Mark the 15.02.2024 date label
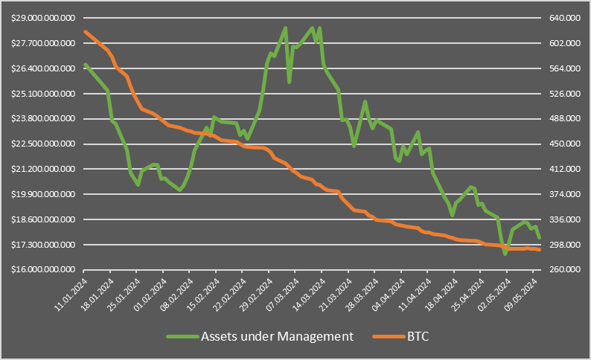[x=205, y=296]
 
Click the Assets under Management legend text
[x=277, y=336]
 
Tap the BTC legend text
[x=418, y=336]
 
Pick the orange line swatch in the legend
[x=388, y=336]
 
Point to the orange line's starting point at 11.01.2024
[x=86, y=31]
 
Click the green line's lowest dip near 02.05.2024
[x=505, y=254]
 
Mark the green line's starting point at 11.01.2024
[x=86, y=65]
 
